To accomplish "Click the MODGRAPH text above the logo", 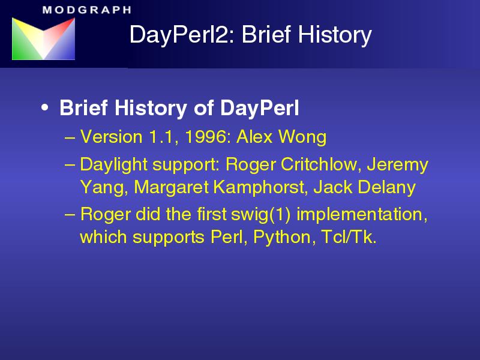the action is pos(87,10).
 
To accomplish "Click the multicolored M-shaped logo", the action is pos(43,38).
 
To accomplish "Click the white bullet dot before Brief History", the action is pos(44,108).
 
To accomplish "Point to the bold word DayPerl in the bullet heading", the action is pos(260,108).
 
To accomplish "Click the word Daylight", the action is pos(114,164).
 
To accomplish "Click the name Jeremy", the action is pos(397,165).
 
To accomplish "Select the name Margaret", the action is pos(171,187).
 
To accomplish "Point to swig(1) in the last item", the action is pos(260,214).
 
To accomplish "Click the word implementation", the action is pos(362,214).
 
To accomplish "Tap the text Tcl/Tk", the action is pos(349,237).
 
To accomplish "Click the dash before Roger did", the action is pos(70,215).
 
